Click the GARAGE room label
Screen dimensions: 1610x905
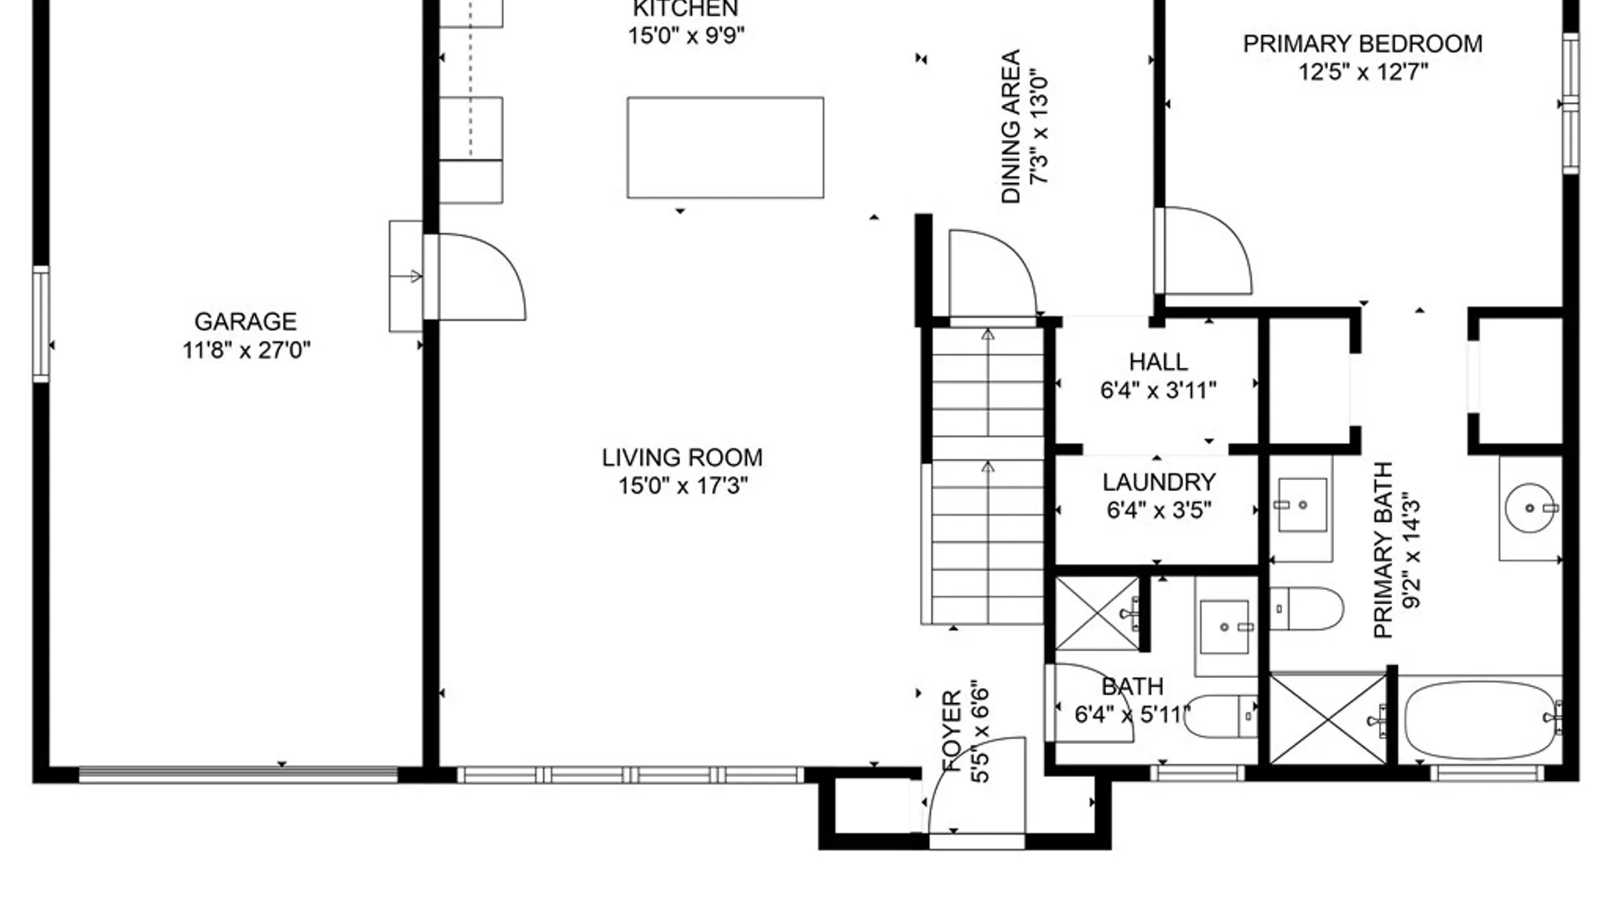pos(246,322)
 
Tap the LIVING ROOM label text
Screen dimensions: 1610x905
pos(682,458)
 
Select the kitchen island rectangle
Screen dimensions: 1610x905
pos(725,147)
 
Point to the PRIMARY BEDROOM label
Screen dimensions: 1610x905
pos(1363,44)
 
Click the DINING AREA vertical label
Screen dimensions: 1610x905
pos(1011,127)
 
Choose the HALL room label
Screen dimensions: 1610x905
pos(1158,362)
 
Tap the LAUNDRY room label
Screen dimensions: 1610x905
pos(1159,482)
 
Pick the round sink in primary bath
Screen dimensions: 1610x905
pos(1531,508)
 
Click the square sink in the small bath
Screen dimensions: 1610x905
pos(1225,627)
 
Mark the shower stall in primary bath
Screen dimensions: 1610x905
pos(1328,719)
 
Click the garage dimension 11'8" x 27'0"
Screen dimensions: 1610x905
pos(247,350)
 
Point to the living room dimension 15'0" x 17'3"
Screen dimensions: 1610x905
pos(683,486)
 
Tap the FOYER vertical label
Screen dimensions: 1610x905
pos(952,731)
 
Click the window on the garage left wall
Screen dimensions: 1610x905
pos(40,323)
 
